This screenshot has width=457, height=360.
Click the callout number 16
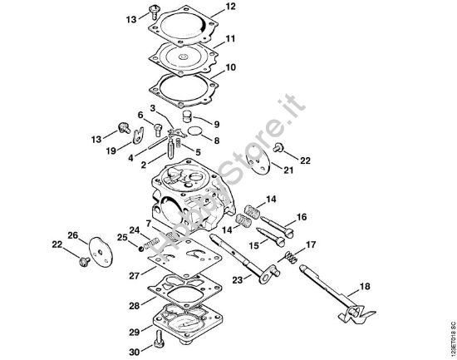[x=302, y=217]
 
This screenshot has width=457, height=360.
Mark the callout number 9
[x=217, y=124]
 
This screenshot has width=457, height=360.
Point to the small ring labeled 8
[x=194, y=131]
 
